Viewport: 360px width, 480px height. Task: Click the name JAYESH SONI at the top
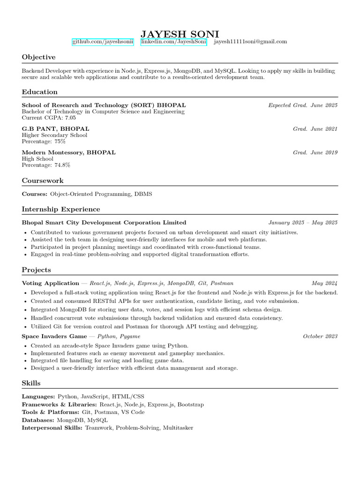tap(180, 34)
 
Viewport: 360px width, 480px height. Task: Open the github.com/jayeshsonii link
tap(103, 42)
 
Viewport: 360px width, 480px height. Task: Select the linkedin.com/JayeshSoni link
tap(173, 42)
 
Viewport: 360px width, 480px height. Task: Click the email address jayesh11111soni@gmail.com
tap(250, 42)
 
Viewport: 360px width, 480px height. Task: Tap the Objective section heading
tap(38, 57)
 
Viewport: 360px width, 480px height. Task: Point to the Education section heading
tap(40, 92)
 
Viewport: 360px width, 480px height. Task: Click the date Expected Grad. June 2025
tap(303, 105)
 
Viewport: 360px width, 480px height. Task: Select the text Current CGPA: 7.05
tap(49, 118)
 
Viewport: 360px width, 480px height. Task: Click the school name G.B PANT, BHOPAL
tap(55, 129)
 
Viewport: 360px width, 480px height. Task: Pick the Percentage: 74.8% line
tap(46, 165)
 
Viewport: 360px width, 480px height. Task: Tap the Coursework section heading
tap(43, 180)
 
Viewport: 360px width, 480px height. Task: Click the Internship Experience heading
tap(61, 209)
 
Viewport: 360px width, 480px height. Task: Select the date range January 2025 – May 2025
tap(303, 223)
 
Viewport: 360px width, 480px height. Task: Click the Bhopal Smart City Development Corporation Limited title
tap(104, 223)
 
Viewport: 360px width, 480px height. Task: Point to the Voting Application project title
tap(51, 283)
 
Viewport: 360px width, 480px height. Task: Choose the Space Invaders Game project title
tap(54, 336)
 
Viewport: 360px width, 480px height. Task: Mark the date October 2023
tap(320, 336)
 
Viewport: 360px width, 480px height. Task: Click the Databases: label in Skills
tap(38, 420)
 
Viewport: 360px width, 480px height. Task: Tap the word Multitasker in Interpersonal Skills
tap(178, 428)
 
